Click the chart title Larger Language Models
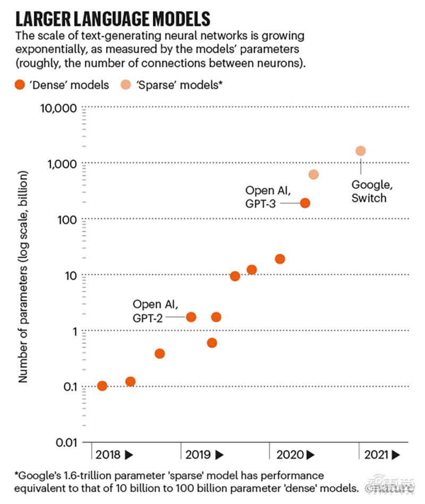click(x=113, y=19)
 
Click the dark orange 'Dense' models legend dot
click(x=20, y=85)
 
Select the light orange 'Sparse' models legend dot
click(x=125, y=85)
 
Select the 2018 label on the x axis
click(x=108, y=455)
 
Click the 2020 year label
click(x=290, y=455)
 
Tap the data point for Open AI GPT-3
click(x=305, y=203)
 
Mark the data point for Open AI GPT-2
click(x=191, y=317)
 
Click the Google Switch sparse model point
click(x=360, y=151)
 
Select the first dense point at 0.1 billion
click(x=102, y=386)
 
